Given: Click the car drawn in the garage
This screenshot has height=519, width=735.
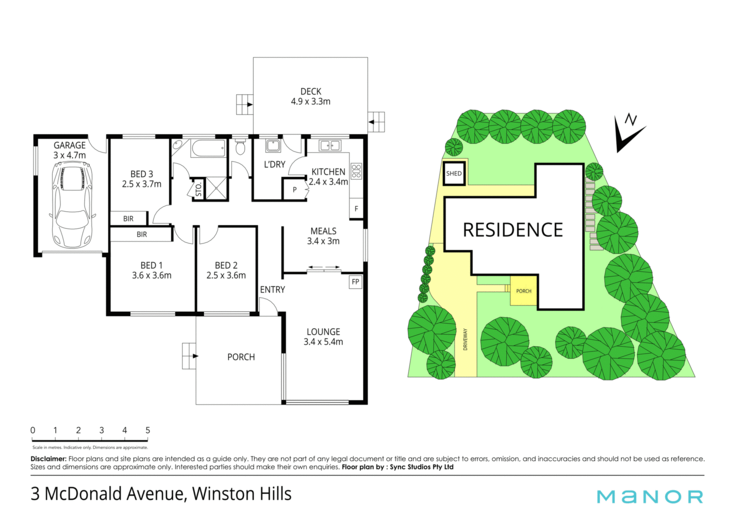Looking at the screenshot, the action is click(x=72, y=205).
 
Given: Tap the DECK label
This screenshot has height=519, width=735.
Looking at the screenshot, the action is click(x=311, y=91).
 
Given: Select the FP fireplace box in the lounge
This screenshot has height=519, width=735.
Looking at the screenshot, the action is click(x=356, y=282).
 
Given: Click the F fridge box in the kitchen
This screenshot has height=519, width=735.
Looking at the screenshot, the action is click(x=356, y=209).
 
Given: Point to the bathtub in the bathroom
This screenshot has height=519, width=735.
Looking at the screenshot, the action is click(x=208, y=148).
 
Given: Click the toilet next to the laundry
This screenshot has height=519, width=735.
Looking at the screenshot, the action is click(x=240, y=146).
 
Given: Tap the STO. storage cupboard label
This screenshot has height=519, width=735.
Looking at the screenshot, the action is click(x=199, y=189).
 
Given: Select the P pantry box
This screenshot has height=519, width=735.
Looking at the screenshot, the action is click(x=295, y=189).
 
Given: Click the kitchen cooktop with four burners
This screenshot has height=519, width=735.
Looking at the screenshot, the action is click(x=356, y=171).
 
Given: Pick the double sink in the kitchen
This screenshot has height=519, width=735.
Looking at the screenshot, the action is click(x=330, y=145).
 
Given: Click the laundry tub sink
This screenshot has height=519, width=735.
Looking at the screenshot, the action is click(x=273, y=145).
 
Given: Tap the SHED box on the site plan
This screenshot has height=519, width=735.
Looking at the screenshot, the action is click(x=454, y=173).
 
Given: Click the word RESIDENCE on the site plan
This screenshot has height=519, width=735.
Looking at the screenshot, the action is click(x=513, y=230).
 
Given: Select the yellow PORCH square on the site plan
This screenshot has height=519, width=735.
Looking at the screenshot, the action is click(x=524, y=291).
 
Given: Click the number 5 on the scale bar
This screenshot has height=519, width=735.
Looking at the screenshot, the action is click(x=148, y=430).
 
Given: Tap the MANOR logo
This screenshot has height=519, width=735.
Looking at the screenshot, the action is click(x=650, y=496).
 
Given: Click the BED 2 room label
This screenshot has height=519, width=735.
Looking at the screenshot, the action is click(x=226, y=265).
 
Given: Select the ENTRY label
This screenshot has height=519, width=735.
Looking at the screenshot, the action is click(x=273, y=290).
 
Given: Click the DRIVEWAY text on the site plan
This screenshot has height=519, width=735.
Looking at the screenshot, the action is click(x=465, y=339).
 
